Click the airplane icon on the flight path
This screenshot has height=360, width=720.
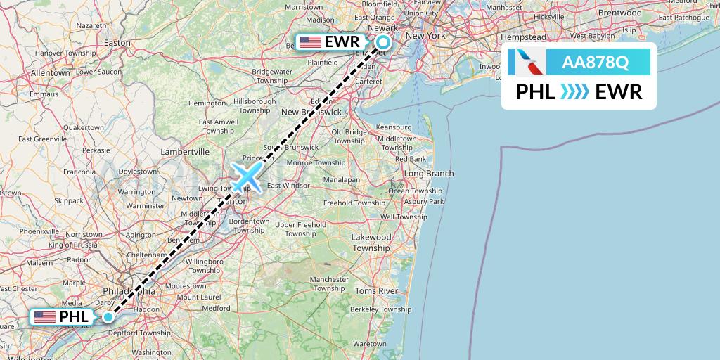tap(246, 176)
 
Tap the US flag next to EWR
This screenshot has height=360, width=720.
tap(310, 42)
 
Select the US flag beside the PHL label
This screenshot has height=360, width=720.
tap(45, 317)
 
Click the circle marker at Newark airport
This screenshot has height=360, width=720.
tap(382, 41)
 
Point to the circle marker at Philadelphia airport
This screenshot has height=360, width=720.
tap(108, 317)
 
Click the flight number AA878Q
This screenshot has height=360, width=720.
tap(595, 63)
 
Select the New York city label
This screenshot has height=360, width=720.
tap(426, 35)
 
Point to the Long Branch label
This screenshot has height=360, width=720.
tap(428, 173)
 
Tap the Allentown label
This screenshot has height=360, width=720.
tap(50, 72)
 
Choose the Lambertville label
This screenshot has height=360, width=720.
tap(185, 151)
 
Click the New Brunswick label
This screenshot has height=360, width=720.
tap(311, 112)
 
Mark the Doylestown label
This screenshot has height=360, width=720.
tap(137, 171)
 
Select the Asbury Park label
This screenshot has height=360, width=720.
tap(423, 202)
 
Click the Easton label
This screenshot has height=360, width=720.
tap(117, 42)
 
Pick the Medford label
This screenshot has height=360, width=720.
tap(215, 308)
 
